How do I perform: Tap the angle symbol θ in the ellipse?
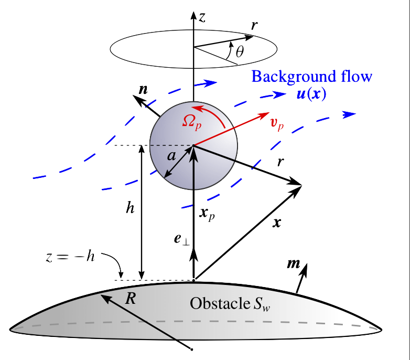click(x=240, y=51)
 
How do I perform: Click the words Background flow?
click(x=312, y=76)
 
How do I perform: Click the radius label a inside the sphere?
click(x=171, y=155)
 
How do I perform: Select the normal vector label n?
click(x=143, y=89)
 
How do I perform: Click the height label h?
click(x=130, y=208)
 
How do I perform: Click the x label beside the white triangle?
click(x=277, y=223)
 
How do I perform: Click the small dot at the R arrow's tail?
click(x=192, y=349)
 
